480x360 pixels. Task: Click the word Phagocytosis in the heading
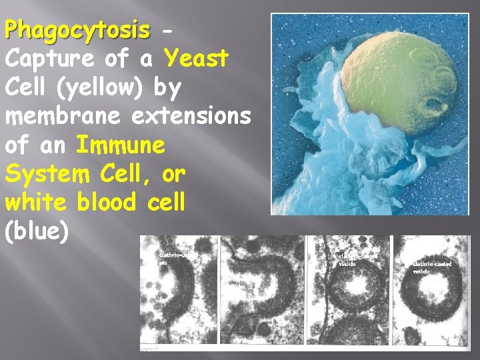(77, 30)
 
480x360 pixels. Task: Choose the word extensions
(191, 116)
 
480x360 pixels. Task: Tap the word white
(37, 202)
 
